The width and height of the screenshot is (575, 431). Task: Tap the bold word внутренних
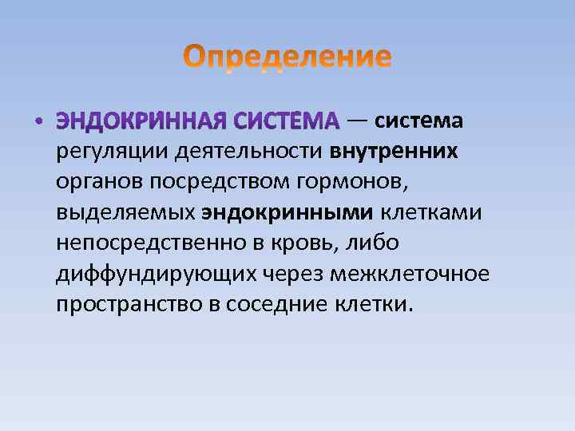394,151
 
